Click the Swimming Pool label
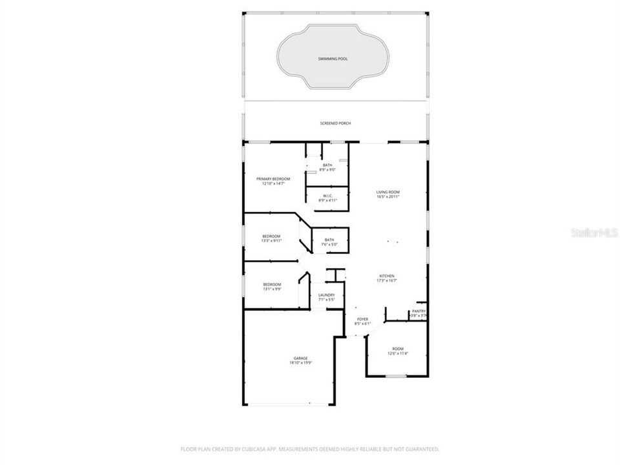click(333, 59)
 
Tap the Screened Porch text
click(335, 123)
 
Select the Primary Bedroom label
click(273, 179)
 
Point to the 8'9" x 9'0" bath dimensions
click(328, 170)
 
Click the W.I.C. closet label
click(327, 196)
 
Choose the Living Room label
click(388, 192)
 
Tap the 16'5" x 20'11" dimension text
click(388, 196)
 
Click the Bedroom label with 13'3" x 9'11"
click(271, 236)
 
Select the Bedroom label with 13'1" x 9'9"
click(271, 284)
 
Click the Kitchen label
click(387, 276)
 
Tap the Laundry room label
click(326, 295)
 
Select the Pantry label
click(418, 311)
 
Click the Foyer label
click(362, 319)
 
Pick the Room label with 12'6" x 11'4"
click(397, 349)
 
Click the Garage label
click(300, 358)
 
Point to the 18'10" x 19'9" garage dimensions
click(300, 363)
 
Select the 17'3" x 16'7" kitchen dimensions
click(387, 280)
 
